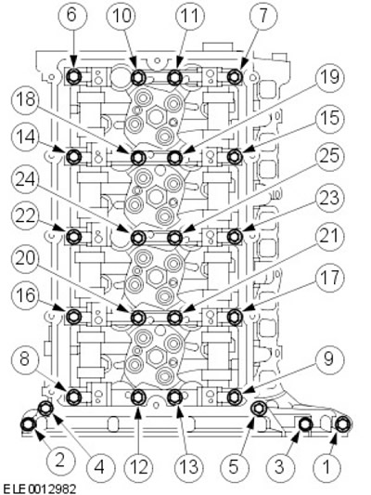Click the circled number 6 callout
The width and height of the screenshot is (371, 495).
(71, 15)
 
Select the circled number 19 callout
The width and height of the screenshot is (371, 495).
(330, 78)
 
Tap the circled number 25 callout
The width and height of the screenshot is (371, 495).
(330, 157)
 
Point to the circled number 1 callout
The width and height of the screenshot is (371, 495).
(326, 466)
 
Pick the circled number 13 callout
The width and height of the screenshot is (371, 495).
(189, 466)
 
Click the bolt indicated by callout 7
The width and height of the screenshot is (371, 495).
(235, 77)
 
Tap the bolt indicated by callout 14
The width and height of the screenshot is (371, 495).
(74, 156)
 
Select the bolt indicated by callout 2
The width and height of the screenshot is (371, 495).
(28, 424)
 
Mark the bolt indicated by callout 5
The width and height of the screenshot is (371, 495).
(259, 409)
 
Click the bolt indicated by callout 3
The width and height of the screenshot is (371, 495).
(305, 424)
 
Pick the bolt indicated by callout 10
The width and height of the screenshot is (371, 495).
(138, 77)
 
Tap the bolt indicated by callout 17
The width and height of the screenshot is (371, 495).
(235, 316)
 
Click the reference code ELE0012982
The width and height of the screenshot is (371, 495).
(38, 489)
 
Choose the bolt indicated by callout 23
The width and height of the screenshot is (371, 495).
(235, 236)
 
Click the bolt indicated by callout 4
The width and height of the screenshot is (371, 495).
(45, 409)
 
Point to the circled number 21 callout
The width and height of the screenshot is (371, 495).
(330, 236)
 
